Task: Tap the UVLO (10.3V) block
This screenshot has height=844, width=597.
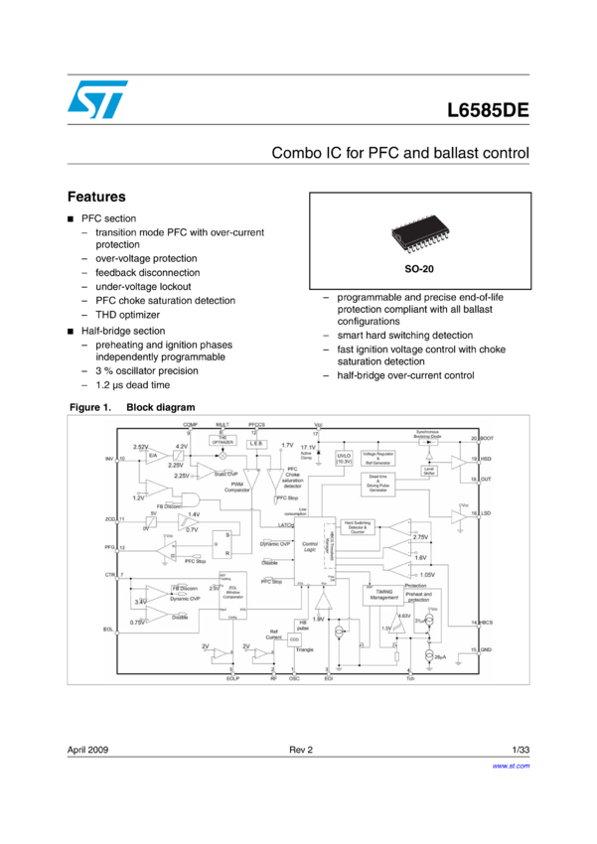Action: [x=344, y=458]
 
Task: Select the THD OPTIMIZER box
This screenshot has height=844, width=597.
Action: [x=222, y=440]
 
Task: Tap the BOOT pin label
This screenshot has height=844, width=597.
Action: [x=487, y=438]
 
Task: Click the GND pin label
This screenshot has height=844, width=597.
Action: [x=487, y=648]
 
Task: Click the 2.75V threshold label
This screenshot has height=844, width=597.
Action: [x=419, y=536]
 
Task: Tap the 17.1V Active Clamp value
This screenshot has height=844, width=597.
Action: [x=308, y=448]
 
